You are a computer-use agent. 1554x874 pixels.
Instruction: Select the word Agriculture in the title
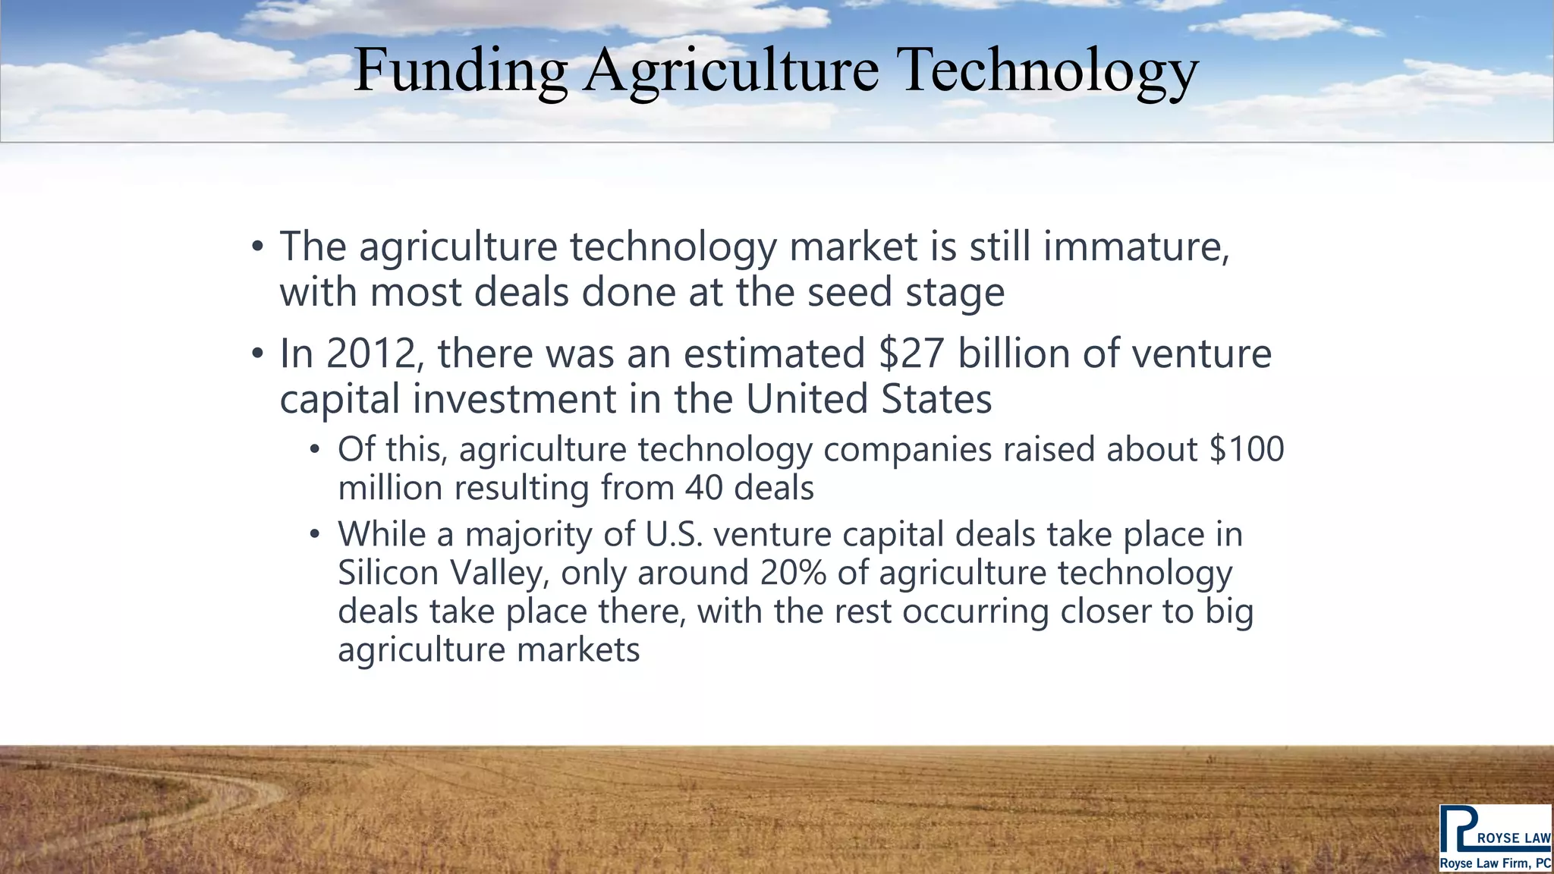click(x=731, y=71)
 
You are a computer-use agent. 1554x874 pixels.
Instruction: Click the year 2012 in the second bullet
click(x=371, y=354)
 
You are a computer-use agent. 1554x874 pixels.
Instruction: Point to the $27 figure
click(x=911, y=354)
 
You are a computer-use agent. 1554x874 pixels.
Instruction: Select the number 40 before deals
click(x=703, y=488)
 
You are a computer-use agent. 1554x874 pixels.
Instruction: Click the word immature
click(x=1136, y=247)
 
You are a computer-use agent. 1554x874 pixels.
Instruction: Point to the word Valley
click(x=499, y=572)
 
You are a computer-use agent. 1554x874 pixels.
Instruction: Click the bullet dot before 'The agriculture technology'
click(x=258, y=247)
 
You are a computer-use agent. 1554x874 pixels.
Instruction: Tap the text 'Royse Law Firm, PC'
click(x=1495, y=863)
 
